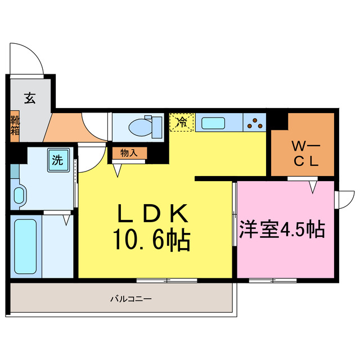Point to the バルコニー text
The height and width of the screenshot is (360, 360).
pyautogui.click(x=130, y=299)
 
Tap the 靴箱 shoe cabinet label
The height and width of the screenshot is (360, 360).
pyautogui.click(x=15, y=127)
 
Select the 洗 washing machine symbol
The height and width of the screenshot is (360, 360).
pyautogui.click(x=57, y=159)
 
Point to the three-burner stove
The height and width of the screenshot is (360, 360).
pyautogui.click(x=256, y=122)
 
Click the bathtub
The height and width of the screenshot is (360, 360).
pyautogui.click(x=26, y=246)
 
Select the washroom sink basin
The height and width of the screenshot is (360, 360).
pyautogui.click(x=19, y=196)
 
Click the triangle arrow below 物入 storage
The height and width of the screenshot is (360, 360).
pyautogui.click(x=118, y=170)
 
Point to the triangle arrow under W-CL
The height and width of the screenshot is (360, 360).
pyautogui.click(x=312, y=186)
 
